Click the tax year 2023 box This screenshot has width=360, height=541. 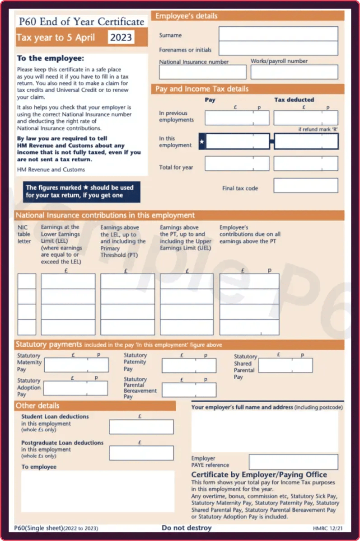click(121, 37)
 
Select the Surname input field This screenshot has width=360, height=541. click(278, 34)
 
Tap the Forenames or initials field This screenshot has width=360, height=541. click(278, 48)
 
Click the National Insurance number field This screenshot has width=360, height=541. click(203, 72)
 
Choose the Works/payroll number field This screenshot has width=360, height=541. click(294, 72)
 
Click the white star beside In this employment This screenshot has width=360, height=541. click(202, 142)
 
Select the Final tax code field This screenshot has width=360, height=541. click(306, 185)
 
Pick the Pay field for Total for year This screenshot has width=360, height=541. click(237, 164)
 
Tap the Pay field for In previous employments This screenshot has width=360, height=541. click(237, 118)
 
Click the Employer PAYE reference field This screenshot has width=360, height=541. click(293, 462)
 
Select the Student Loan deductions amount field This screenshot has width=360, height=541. click(141, 427)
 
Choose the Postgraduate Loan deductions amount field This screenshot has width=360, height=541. click(141, 453)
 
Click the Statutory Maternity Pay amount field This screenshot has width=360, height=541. click(76, 365)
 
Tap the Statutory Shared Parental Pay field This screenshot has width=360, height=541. click(285, 365)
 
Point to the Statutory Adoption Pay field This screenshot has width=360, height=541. click(76, 388)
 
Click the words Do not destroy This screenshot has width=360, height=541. click(187, 527)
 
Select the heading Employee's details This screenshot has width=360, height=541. click(187, 16)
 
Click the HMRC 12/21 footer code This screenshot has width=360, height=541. click(325, 528)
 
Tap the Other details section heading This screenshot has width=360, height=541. click(37, 405)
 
